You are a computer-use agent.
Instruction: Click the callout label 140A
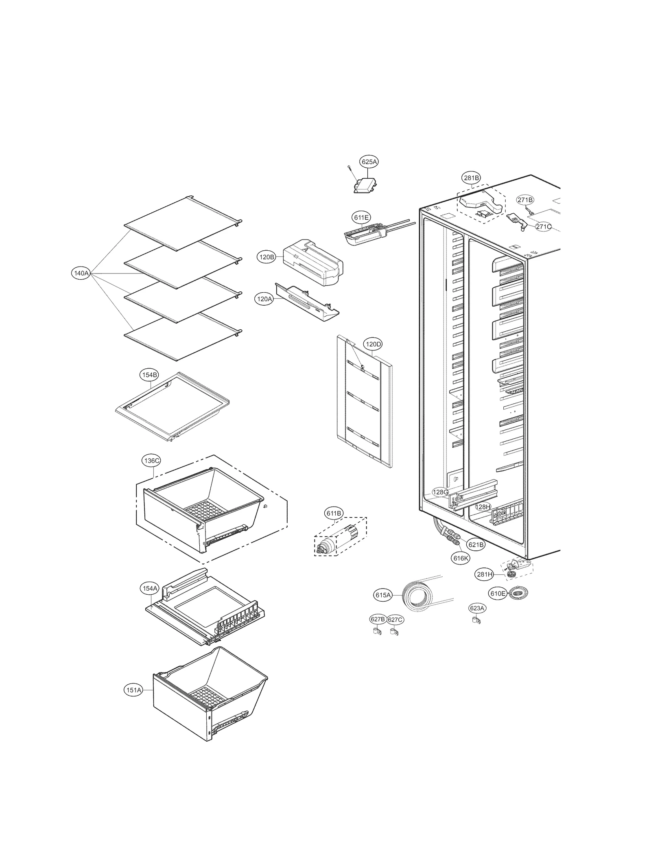[81, 273]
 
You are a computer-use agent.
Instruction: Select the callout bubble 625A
[369, 162]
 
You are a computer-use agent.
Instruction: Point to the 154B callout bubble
[149, 375]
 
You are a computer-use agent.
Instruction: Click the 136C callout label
[151, 461]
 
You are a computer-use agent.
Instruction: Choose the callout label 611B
[333, 513]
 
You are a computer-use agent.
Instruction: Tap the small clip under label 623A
[476, 620]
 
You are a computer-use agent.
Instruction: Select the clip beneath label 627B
[376, 632]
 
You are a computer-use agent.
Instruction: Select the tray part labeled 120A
[306, 302]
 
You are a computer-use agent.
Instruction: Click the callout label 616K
[461, 558]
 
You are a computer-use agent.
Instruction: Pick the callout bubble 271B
[525, 200]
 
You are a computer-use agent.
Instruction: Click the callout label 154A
[149, 589]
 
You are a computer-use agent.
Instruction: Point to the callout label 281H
[485, 574]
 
